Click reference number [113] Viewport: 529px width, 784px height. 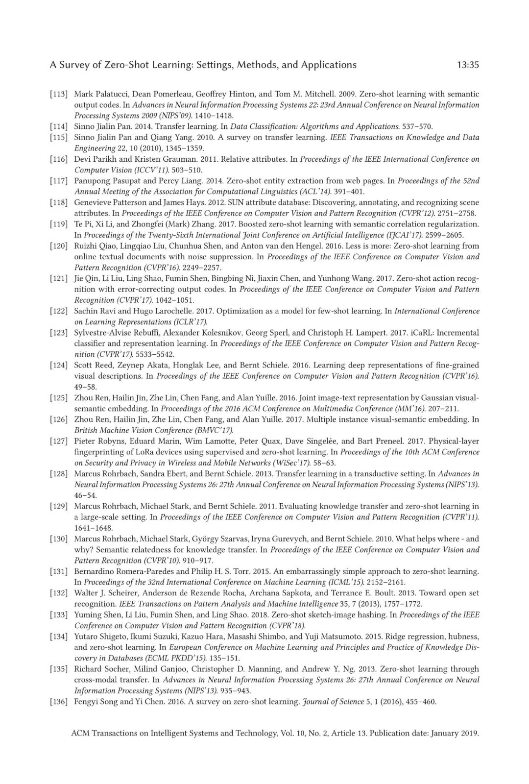(x=58, y=94)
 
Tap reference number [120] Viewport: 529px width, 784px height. (x=58, y=246)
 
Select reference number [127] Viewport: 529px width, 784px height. (x=58, y=441)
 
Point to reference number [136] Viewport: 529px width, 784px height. (x=58, y=701)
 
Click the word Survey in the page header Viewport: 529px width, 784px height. (x=74, y=65)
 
